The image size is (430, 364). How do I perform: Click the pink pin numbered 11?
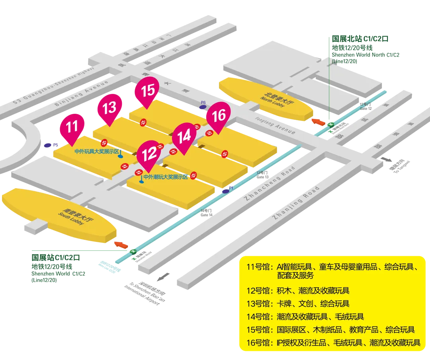click(72, 127)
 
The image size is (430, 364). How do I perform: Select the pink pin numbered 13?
click(109, 108)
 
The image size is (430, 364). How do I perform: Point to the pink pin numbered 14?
click(184, 137)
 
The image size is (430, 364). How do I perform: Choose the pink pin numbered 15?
click(148, 90)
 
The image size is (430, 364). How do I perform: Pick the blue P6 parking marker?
click(203, 107)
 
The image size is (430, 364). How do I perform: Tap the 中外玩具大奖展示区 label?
click(97, 152)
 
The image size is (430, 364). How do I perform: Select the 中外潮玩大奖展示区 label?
click(165, 177)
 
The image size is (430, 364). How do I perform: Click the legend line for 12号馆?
click(298, 291)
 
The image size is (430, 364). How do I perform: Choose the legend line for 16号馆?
click(334, 343)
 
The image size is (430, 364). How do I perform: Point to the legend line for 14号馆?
click(305, 317)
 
